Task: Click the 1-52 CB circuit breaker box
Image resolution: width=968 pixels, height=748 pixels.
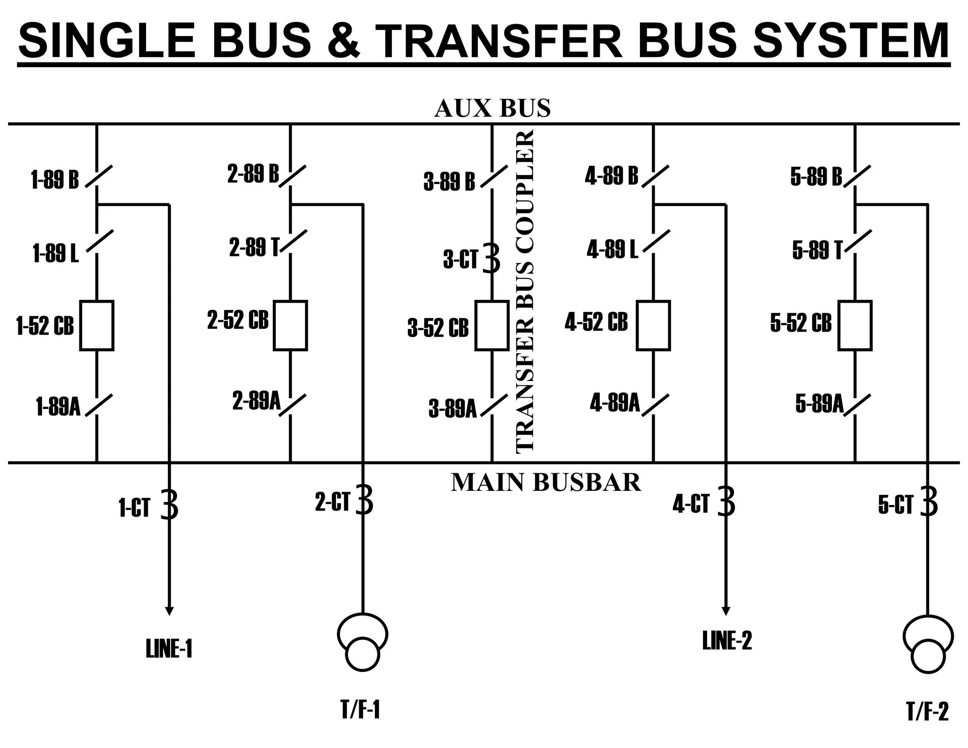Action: [x=97, y=325]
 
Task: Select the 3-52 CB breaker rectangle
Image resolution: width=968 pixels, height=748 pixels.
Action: [x=492, y=325]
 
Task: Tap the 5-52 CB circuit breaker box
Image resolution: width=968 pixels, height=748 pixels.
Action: [x=855, y=325]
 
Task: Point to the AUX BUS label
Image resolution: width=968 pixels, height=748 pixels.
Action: [x=492, y=108]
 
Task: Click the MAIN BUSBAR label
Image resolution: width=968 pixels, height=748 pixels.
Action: [x=546, y=483]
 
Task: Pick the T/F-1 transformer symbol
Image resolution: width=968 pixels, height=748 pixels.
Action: [x=363, y=642]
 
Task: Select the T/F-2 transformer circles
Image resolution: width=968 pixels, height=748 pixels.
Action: [x=928, y=644]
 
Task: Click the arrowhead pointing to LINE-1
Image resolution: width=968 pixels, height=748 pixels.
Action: [x=169, y=610]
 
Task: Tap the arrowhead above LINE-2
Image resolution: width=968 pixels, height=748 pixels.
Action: [x=726, y=610]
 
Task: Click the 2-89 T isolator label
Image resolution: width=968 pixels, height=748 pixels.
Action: [x=254, y=247]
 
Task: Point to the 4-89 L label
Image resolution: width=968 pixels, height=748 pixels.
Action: [x=612, y=249]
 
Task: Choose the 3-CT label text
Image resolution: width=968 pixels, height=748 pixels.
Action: [x=460, y=260]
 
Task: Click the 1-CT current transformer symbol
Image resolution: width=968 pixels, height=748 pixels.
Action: [x=170, y=505]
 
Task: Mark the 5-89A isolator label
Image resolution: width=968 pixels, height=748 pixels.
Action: [x=819, y=403]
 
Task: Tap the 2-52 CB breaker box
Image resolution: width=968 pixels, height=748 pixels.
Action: [x=291, y=325]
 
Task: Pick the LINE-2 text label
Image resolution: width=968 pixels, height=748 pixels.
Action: [x=726, y=641]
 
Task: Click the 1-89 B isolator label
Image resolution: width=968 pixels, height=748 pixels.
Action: [x=55, y=180]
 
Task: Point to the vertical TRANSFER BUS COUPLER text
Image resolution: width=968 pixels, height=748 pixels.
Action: [x=525, y=291]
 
